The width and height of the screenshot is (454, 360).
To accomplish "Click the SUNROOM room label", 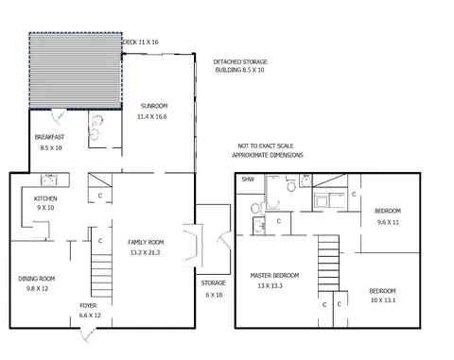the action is (154, 106).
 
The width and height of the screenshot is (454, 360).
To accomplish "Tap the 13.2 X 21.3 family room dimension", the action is (145, 252).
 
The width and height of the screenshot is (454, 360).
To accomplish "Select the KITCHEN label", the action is (45, 198).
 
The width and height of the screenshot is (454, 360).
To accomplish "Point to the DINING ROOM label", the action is (37, 279).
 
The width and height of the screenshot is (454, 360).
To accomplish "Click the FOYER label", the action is (88, 305).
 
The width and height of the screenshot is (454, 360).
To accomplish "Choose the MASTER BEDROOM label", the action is (274, 275).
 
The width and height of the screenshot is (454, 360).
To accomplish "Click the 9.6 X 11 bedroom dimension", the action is (388, 222).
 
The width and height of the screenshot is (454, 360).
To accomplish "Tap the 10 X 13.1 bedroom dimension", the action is (383, 300).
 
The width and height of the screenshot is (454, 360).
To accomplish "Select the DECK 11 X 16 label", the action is (141, 42).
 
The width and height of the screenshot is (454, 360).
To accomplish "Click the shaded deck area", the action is (76, 71).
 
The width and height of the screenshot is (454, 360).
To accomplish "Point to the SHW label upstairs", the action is (248, 180).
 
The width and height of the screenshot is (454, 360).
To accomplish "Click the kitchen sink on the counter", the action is (49, 180).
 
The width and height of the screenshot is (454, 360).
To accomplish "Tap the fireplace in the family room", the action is (193, 246).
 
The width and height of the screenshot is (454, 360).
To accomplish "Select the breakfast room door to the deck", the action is (59, 116).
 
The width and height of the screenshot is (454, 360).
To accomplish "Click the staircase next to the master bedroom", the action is (328, 263).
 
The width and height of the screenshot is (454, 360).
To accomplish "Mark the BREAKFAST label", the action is (49, 137).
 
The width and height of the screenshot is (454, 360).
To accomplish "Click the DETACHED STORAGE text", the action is (240, 61).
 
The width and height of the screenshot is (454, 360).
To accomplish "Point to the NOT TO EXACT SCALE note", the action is (266, 146).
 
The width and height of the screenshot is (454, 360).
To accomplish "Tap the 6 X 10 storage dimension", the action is (214, 295).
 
